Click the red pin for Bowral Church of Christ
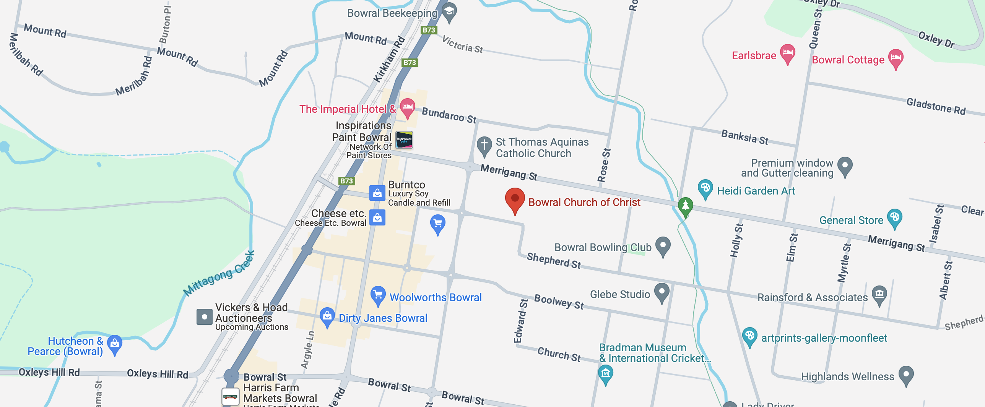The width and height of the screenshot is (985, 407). [x=515, y=199]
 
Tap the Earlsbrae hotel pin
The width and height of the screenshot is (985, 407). [x=787, y=53]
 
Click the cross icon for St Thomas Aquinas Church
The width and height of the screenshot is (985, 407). [x=484, y=146]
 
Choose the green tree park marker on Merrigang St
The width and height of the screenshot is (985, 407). [x=685, y=206]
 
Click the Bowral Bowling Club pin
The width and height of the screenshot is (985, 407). [x=663, y=245]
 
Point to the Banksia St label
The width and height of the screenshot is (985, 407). [x=744, y=137]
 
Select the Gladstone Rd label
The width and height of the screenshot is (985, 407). [x=936, y=106]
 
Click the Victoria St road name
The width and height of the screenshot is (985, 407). [x=462, y=45]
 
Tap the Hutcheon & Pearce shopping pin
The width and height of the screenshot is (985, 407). [x=114, y=344]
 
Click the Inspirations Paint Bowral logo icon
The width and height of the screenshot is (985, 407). [x=404, y=140]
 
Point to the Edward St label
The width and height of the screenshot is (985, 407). [x=520, y=321]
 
